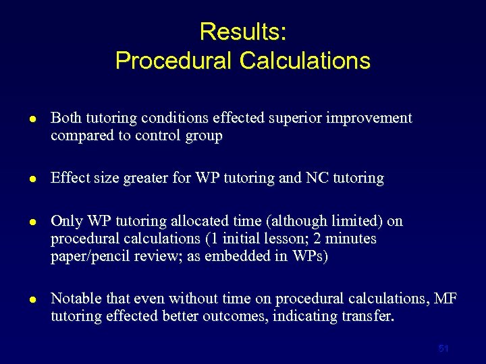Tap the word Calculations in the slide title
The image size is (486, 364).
click(x=304, y=61)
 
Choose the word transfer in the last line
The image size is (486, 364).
click(x=364, y=317)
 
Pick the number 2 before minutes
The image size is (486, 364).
click(x=325, y=239)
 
